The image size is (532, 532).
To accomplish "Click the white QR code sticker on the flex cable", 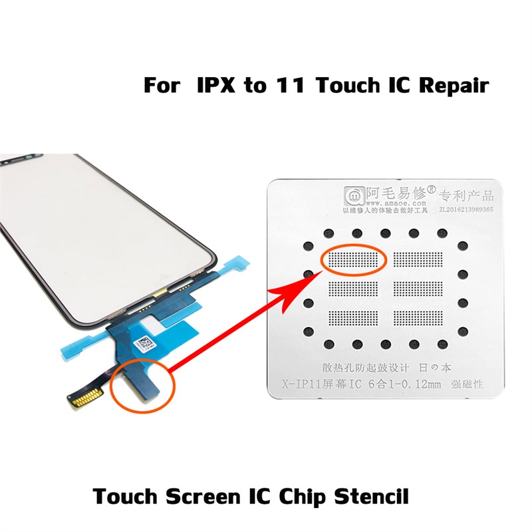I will [x=144, y=344].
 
